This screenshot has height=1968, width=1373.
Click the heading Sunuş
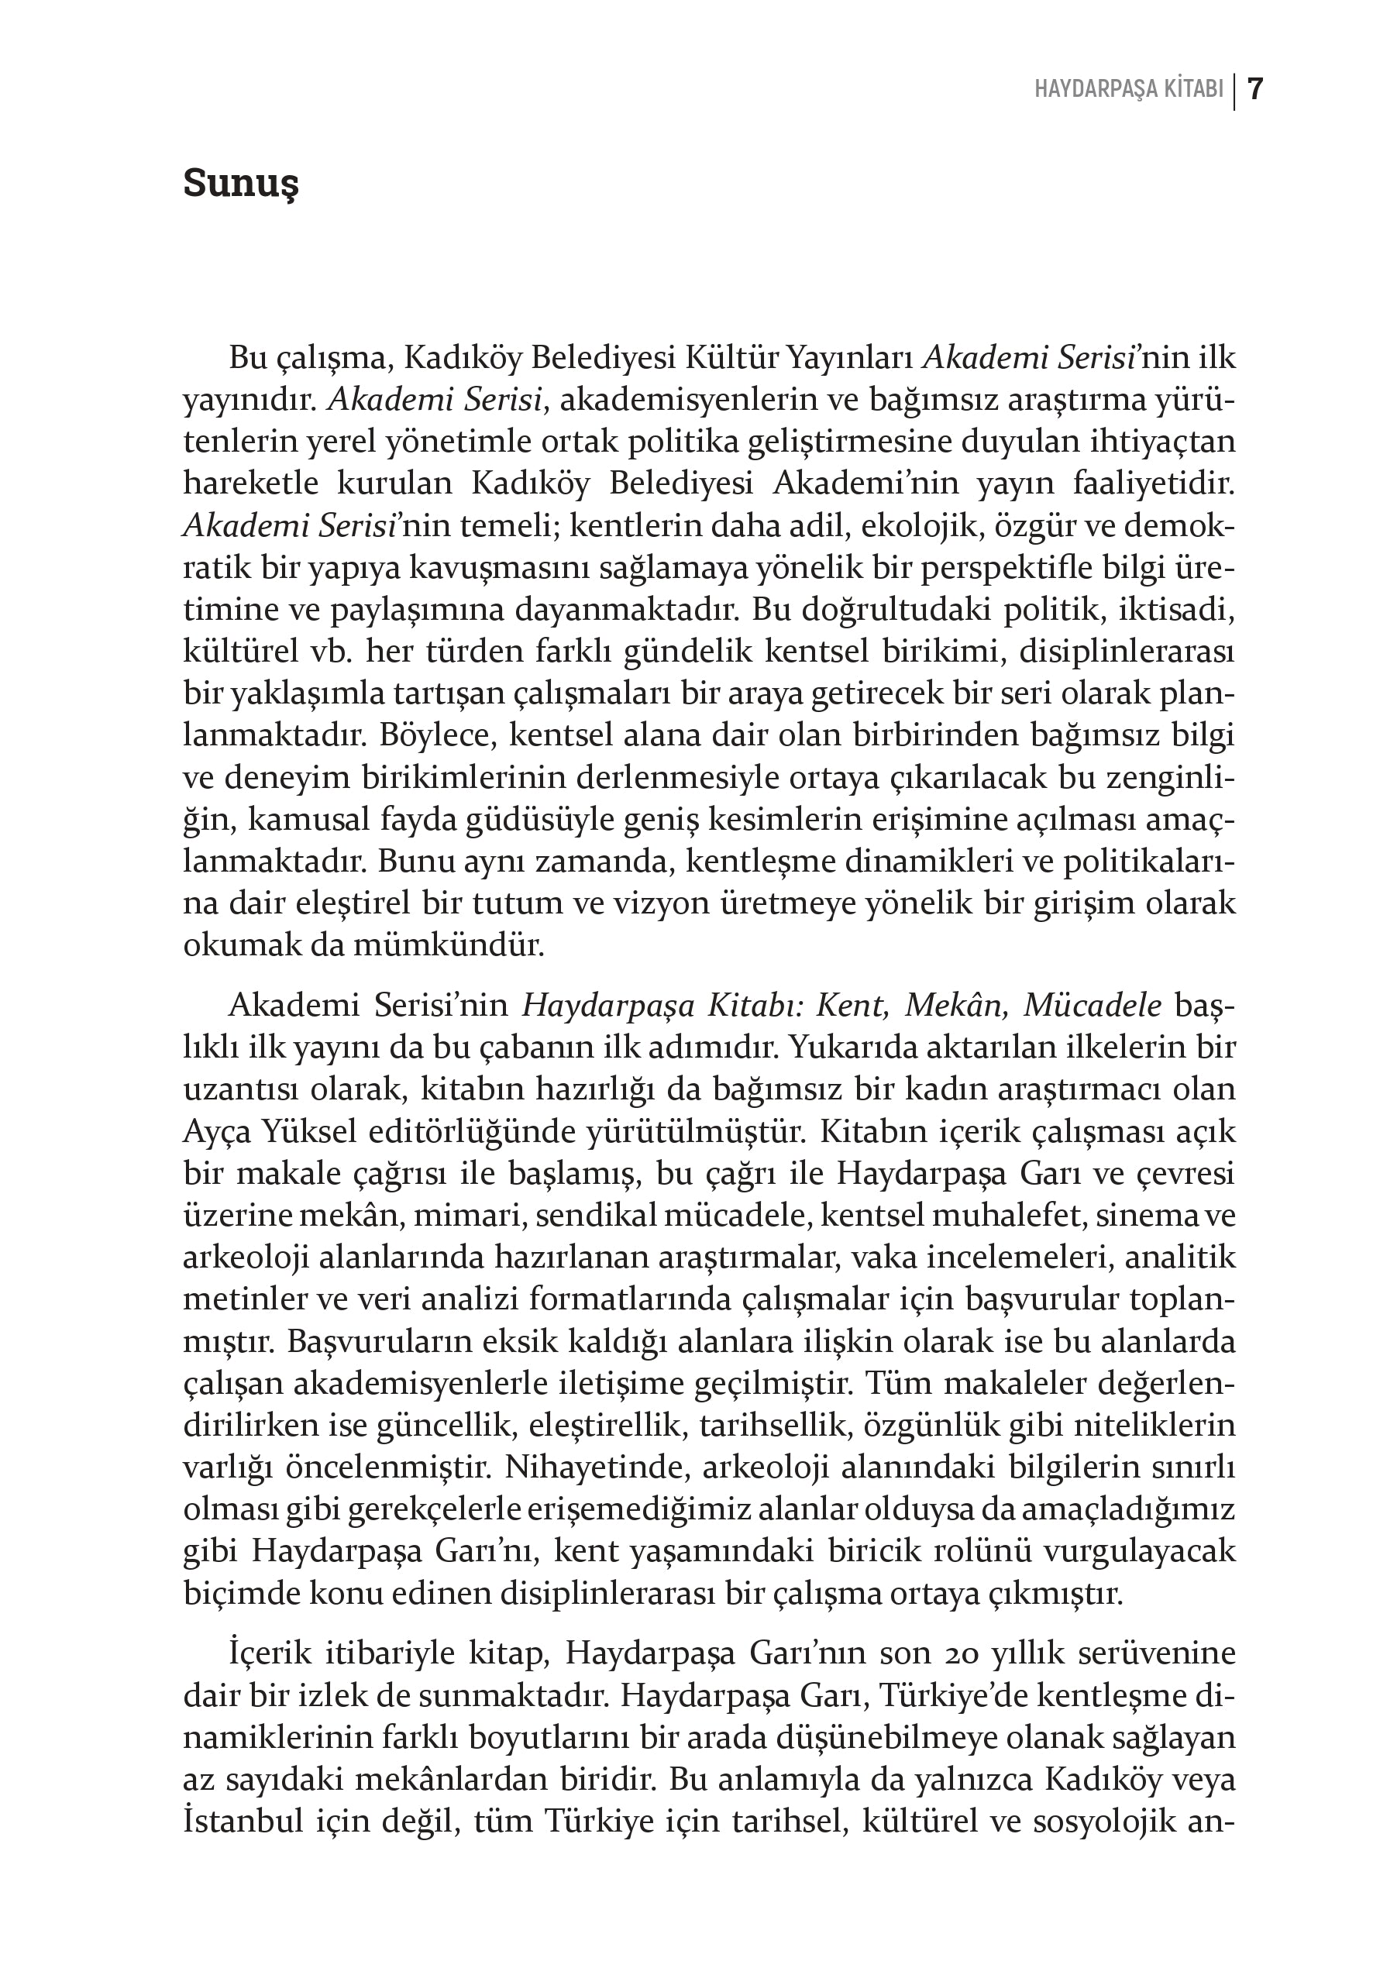tap(241, 184)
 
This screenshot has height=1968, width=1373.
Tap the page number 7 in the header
tap(1254, 89)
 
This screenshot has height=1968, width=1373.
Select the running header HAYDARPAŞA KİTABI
tap(1129, 90)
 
